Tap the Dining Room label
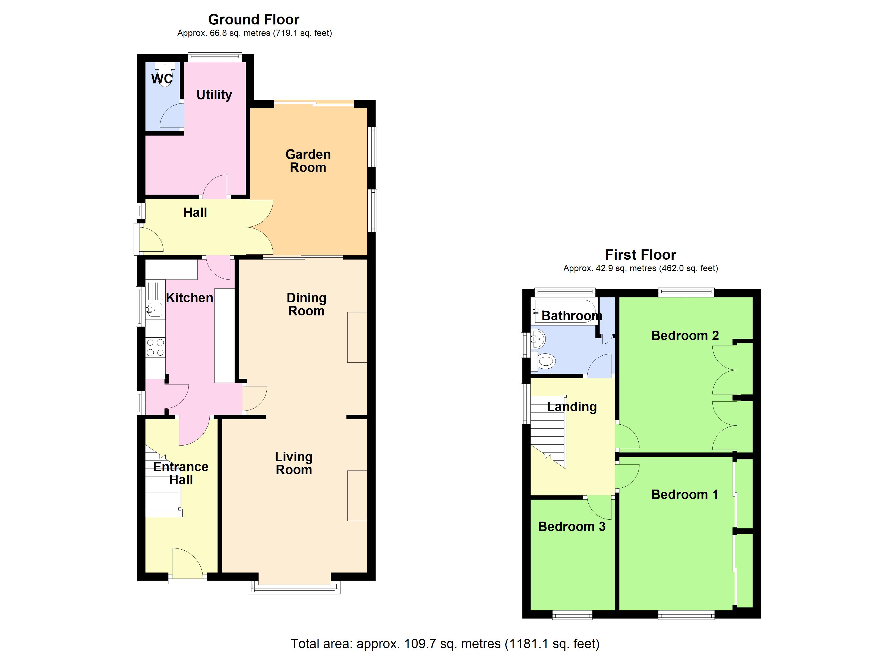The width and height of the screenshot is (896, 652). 306,305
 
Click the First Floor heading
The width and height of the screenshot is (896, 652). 641,255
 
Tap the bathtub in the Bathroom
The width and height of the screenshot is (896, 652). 565,311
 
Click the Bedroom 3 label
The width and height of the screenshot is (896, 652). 571,527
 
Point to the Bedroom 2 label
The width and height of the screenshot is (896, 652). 685,336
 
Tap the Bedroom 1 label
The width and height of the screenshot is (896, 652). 685,495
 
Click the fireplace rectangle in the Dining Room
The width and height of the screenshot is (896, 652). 357,337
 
